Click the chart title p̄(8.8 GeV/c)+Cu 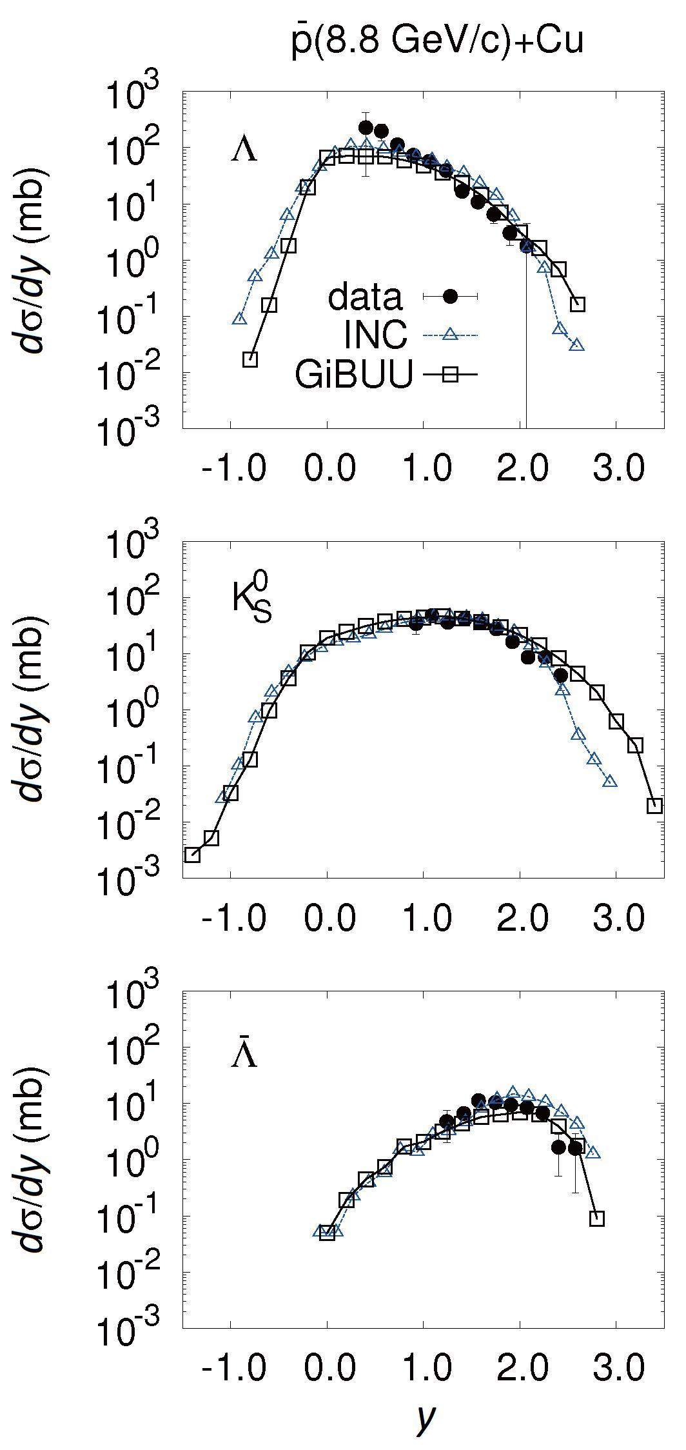(436, 42)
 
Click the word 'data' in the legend (365, 297)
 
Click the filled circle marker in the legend (450, 296)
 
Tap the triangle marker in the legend (450, 333)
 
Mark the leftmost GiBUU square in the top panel (250, 360)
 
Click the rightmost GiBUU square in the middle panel (654, 806)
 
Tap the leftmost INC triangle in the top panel (239, 319)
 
